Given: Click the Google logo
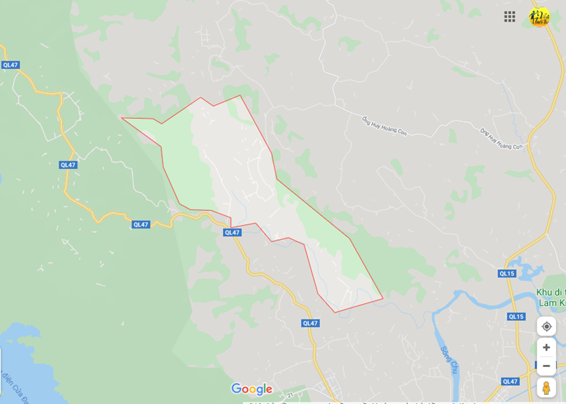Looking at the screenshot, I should (252, 389).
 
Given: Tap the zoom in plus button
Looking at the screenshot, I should (546, 347).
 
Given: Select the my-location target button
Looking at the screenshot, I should (546, 326).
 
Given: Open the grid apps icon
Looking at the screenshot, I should (510, 17).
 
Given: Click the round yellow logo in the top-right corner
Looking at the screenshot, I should (539, 17).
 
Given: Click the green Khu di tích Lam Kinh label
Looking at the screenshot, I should (551, 297).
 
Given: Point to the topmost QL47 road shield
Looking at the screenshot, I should (10, 65).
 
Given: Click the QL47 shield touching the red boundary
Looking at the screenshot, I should (232, 232).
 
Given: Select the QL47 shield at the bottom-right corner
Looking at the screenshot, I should (510, 381).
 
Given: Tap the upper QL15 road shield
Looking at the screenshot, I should (507, 273).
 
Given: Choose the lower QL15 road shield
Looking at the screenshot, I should (516, 317).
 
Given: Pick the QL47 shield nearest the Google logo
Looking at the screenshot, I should (310, 323).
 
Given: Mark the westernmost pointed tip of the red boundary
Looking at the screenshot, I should (122, 118).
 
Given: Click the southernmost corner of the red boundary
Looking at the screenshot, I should (336, 312).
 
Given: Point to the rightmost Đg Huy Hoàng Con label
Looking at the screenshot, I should (501, 138).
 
